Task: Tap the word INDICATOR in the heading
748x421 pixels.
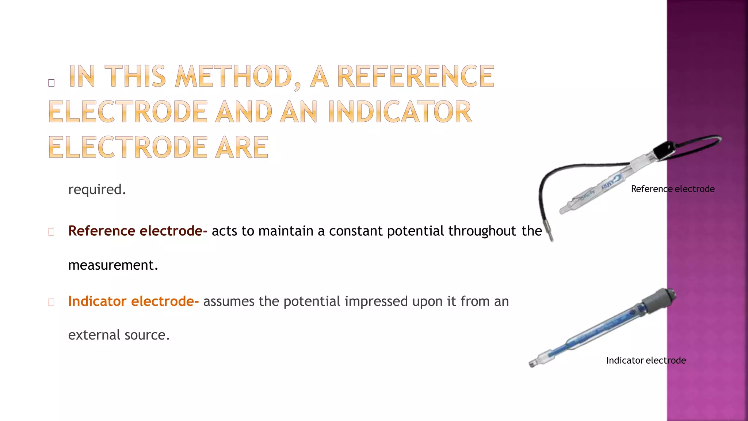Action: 400,111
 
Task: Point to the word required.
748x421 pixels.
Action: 97,190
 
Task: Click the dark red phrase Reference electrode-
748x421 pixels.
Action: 138,231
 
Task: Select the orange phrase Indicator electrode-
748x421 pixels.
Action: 133,301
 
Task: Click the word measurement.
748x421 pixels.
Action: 113,265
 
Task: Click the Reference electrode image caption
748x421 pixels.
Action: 672,189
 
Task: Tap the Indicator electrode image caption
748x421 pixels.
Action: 646,360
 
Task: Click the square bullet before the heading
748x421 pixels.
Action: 51,83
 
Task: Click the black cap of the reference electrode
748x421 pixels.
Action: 663,150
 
